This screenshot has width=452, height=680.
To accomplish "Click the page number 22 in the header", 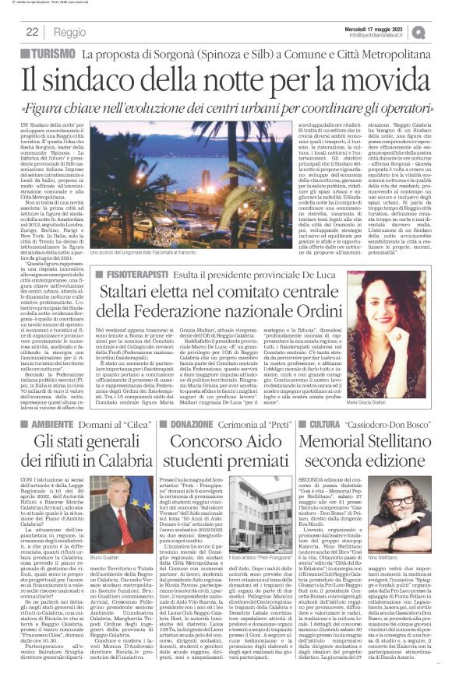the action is click(x=33, y=32).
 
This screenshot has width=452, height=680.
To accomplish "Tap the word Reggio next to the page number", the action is click(x=70, y=32).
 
